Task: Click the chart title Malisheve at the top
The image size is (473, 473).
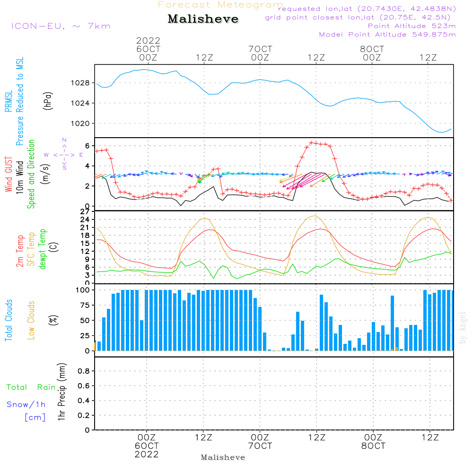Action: (203, 19)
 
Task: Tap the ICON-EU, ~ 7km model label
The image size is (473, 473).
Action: (61, 26)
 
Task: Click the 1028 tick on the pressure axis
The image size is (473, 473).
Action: (82, 83)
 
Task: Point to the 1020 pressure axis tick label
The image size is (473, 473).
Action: (82, 123)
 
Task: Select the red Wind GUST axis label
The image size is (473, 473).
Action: (9, 175)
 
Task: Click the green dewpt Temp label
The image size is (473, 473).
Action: (43, 249)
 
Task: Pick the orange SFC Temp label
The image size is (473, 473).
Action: (31, 249)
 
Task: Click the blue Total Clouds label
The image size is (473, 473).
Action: (9, 320)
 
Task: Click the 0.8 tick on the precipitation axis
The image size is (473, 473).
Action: (84, 371)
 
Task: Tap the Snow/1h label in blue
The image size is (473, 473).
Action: (26, 404)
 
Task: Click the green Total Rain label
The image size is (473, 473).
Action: (31, 387)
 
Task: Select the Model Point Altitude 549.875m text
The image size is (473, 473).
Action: (387, 35)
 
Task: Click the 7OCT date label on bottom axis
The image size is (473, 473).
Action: (260, 446)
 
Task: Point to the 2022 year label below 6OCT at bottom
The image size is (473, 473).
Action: (147, 455)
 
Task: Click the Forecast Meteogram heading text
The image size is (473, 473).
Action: (220, 5)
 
